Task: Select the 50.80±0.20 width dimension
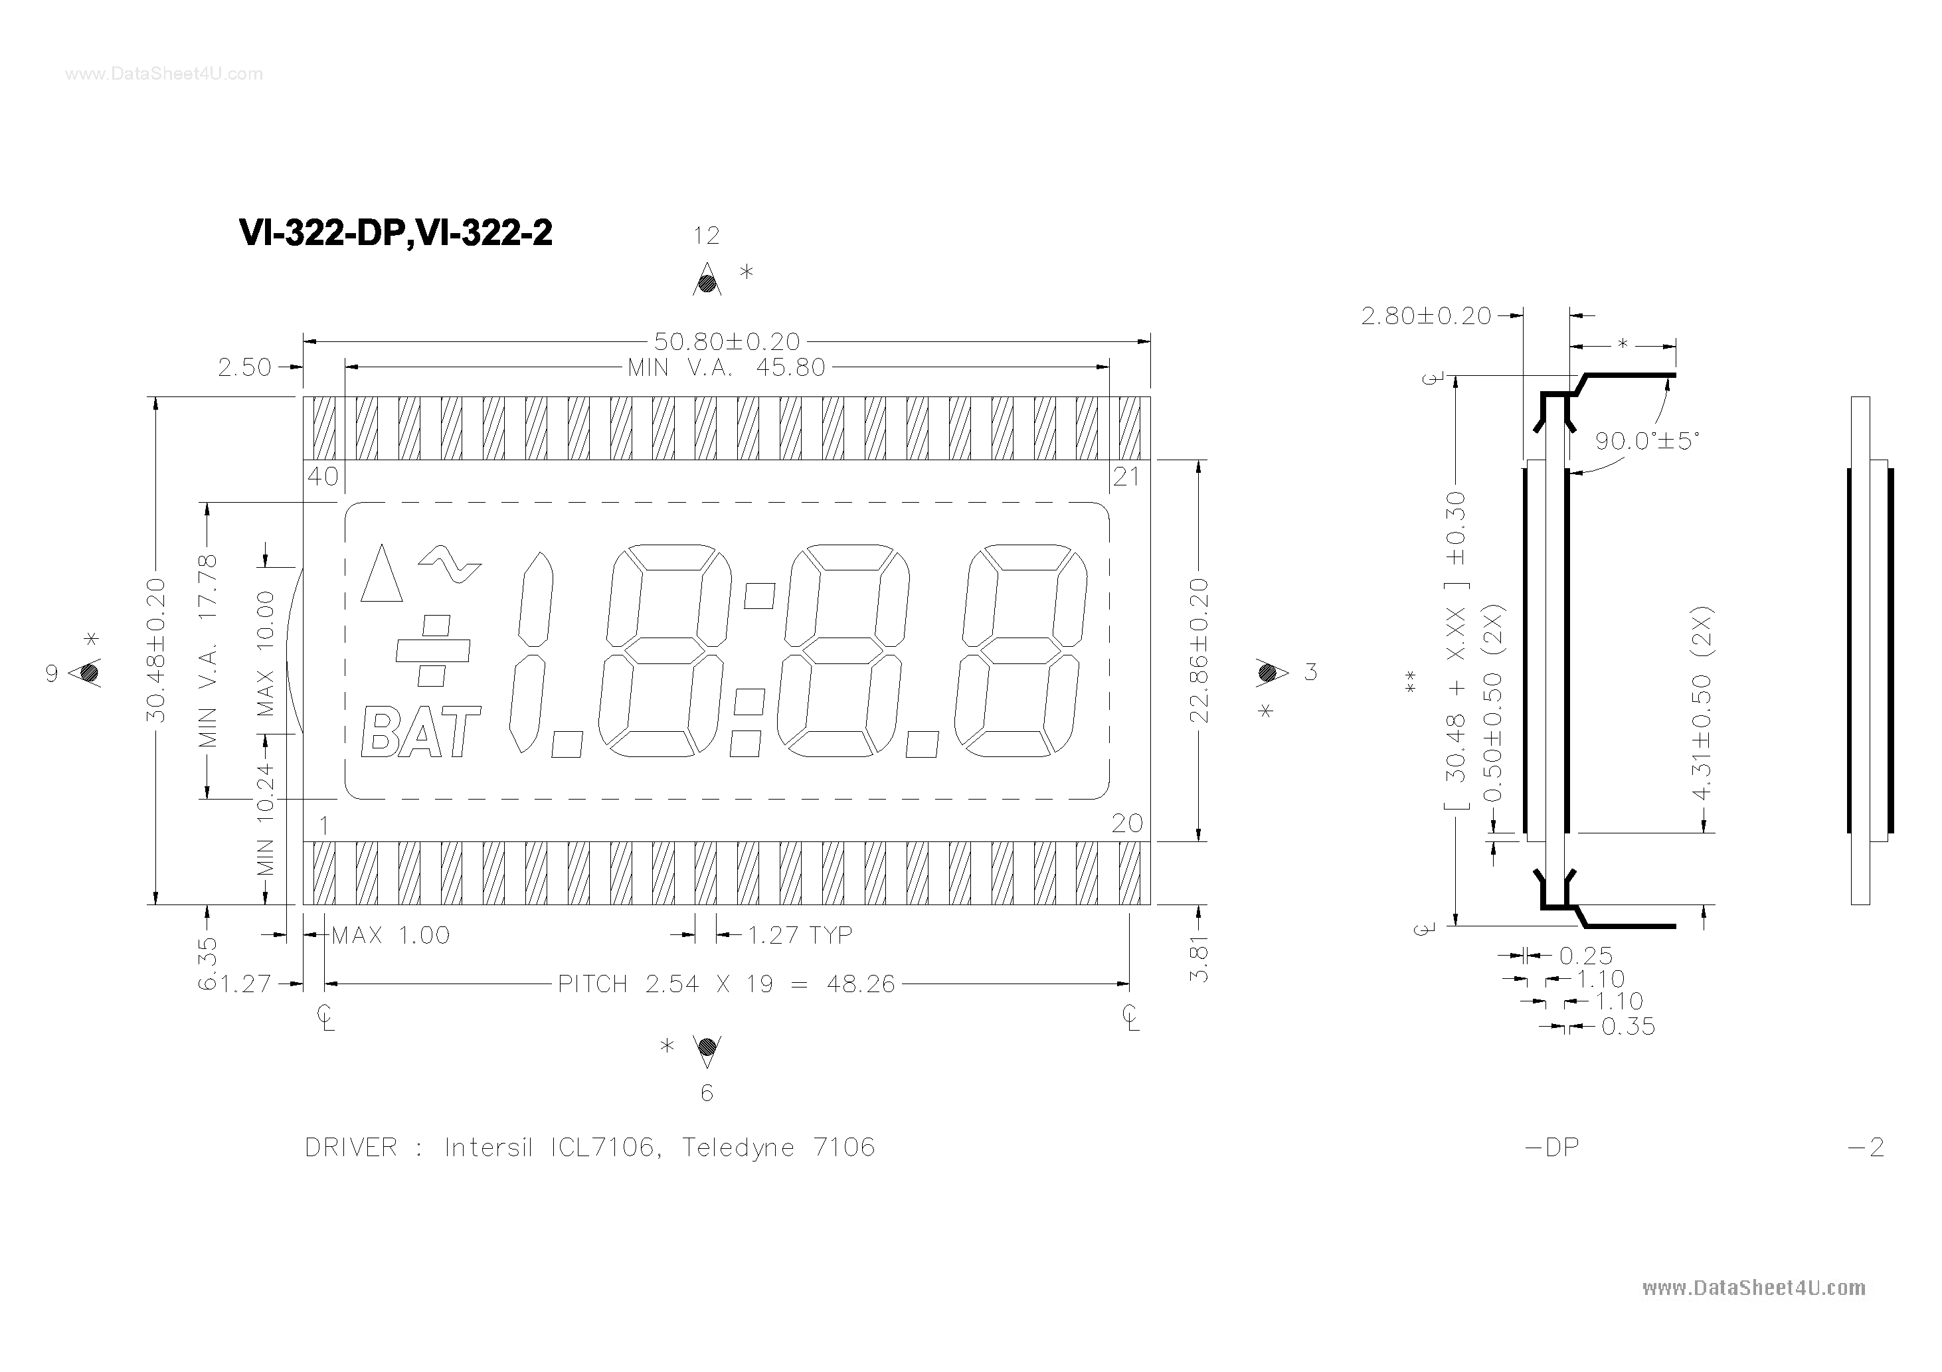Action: coord(727,342)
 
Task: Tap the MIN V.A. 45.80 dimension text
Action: coord(726,368)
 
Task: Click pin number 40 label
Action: coord(322,477)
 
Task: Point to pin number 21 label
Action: coord(1126,477)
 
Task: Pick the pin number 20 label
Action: coord(1126,823)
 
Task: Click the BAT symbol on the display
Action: coord(420,732)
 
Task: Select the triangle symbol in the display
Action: coord(381,574)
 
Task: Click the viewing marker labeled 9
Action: coord(89,673)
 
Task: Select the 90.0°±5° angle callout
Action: coord(1646,442)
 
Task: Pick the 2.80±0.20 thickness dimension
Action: coord(1426,316)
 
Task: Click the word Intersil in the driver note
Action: coord(488,1148)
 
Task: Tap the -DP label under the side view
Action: coord(1551,1148)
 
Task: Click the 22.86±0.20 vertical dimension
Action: coord(1199,651)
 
